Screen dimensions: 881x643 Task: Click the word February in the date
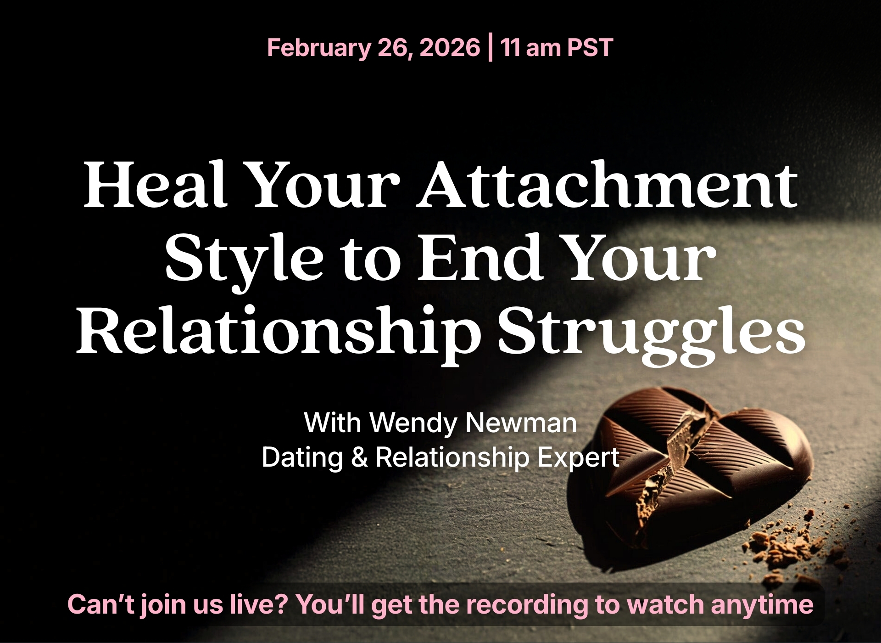coord(318,48)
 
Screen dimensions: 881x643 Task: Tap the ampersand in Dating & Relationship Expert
coord(360,458)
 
